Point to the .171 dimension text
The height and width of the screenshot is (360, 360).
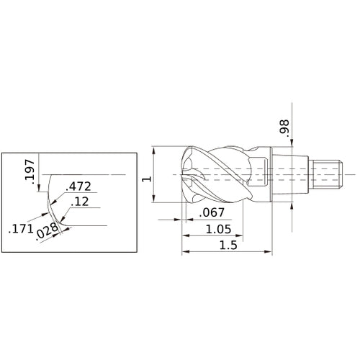(x=19, y=231)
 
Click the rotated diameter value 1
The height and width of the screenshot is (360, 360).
(x=146, y=176)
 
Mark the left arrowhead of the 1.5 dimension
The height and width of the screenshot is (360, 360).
(x=184, y=252)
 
